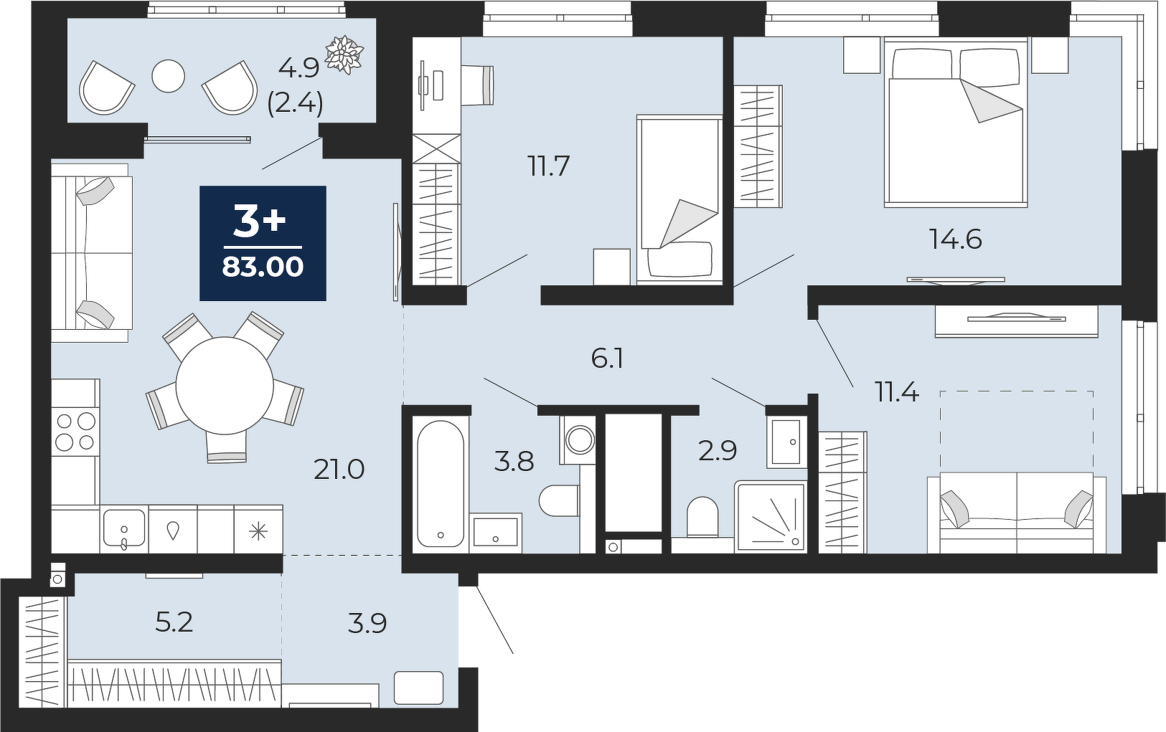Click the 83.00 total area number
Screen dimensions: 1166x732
pyautogui.click(x=263, y=267)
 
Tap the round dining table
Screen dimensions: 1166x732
pyautogui.click(x=225, y=386)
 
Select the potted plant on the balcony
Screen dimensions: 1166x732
pyautogui.click(x=344, y=54)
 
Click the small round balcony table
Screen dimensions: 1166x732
pyautogui.click(x=168, y=76)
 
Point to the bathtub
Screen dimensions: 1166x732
pyautogui.click(x=441, y=483)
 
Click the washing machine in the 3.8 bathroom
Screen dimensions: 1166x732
pyautogui.click(x=578, y=439)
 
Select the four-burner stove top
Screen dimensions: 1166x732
pyautogui.click(x=75, y=431)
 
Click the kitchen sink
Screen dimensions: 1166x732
pyautogui.click(x=124, y=528)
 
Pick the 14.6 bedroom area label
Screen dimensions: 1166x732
pyautogui.click(x=956, y=240)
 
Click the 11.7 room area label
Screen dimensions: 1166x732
pyautogui.click(x=549, y=166)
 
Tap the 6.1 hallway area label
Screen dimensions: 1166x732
pyautogui.click(x=608, y=359)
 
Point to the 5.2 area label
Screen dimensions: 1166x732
pyautogui.click(x=174, y=622)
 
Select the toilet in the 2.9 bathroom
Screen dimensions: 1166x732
pyautogui.click(x=702, y=517)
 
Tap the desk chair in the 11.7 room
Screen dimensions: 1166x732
pyautogui.click(x=477, y=85)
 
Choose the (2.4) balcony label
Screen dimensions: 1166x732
pyautogui.click(x=295, y=104)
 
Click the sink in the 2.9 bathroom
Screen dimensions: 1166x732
pyautogui.click(x=786, y=442)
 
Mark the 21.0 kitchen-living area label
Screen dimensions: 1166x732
pyautogui.click(x=339, y=470)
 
